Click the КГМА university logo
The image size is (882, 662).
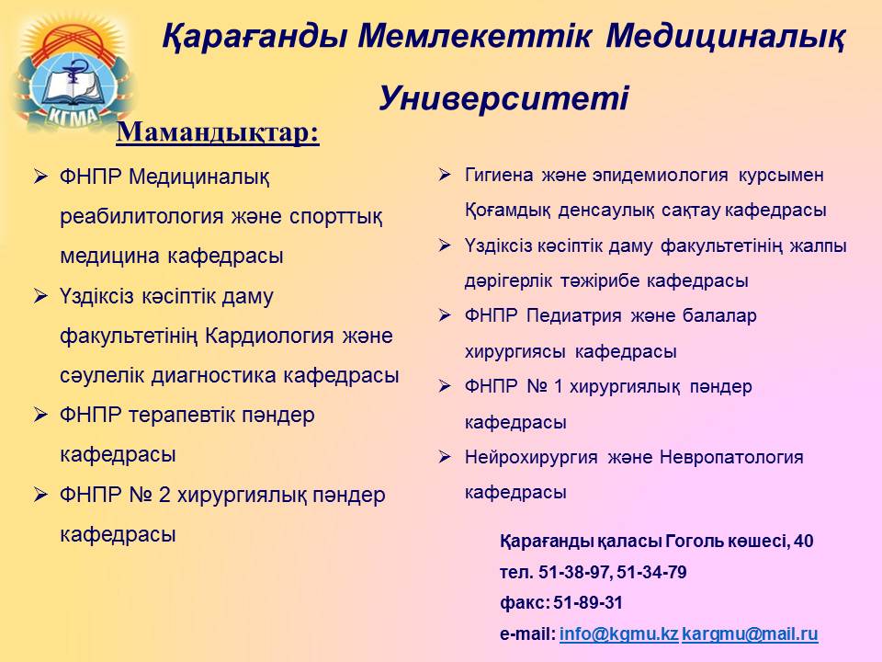pos(73,74)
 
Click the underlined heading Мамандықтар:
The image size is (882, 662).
pos(218,132)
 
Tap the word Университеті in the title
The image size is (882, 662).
pos(503,98)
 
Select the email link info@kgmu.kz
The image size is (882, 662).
pos(618,633)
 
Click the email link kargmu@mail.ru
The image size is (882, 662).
pos(750,633)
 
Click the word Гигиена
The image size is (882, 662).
pos(499,175)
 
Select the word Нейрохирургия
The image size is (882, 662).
pos(531,457)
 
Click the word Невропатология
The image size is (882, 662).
pos(731,457)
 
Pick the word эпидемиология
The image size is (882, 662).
pos(660,175)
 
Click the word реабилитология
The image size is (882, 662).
pos(142,217)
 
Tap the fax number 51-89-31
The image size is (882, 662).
pos(588,603)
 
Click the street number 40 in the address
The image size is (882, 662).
pos(803,541)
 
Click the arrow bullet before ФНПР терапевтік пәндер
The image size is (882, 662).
pos(40,415)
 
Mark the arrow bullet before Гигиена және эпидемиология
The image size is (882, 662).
pos(445,175)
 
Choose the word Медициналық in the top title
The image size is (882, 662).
pos(725,36)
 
